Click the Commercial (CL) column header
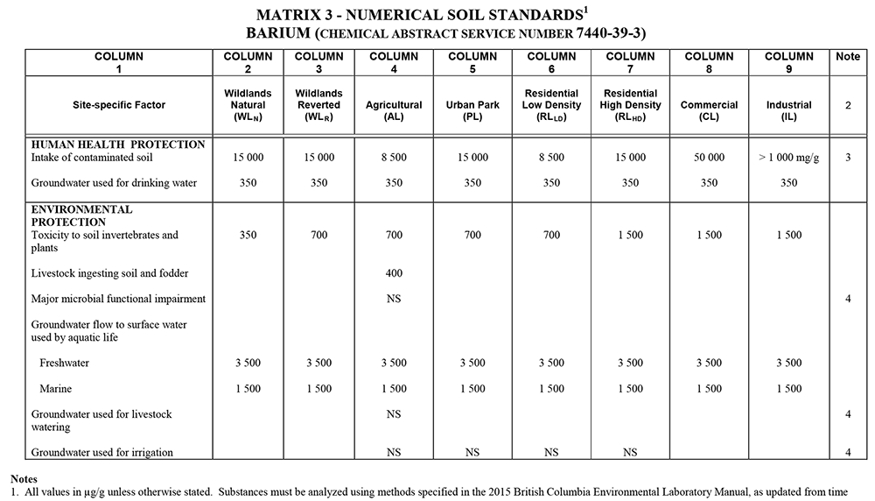[709, 110]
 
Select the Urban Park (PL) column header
[472, 110]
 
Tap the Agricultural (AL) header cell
[394, 110]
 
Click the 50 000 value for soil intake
[709, 158]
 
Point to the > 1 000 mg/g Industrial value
[788, 158]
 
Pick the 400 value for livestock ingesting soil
[394, 274]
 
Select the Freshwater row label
[65, 363]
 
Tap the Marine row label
[56, 389]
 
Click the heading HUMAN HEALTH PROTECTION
[118, 145]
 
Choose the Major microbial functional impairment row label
[118, 299]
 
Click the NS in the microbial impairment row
[394, 299]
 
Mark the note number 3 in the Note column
[848, 158]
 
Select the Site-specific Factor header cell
[118, 105]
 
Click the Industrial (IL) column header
[788, 110]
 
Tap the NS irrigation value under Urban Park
[472, 452]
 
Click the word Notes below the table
[25, 479]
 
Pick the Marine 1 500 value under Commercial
[709, 389]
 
